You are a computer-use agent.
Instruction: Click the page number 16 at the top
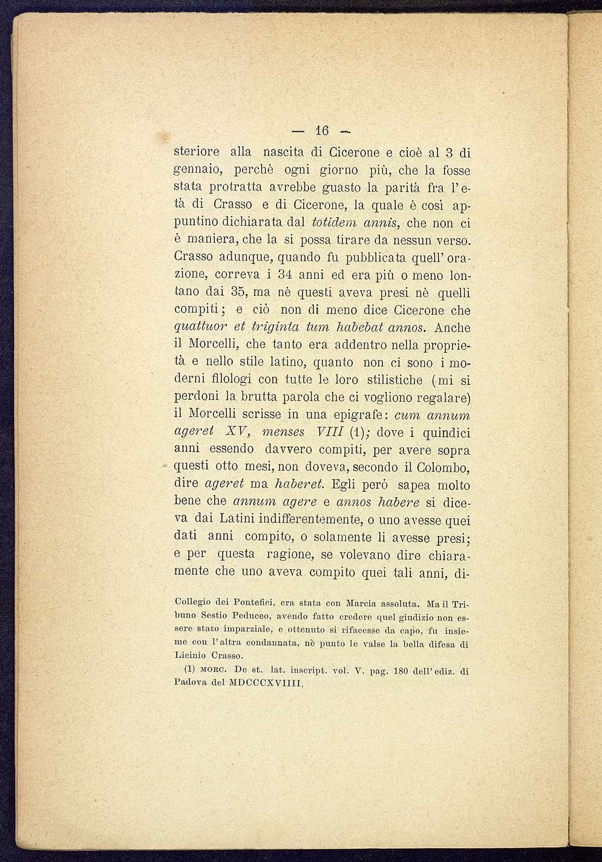coord(321,131)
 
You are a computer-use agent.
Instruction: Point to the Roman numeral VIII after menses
coord(327,433)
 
